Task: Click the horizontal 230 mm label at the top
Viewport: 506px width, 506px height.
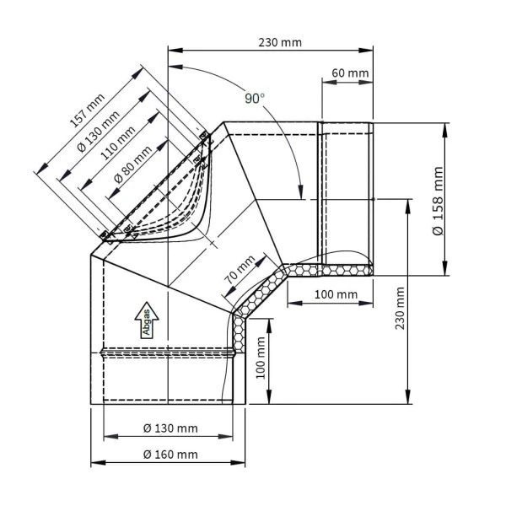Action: pos(279,42)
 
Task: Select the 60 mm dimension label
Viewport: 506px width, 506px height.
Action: pos(350,73)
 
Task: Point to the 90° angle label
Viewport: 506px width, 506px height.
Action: pos(255,99)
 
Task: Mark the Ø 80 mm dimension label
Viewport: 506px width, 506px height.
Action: pos(132,166)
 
